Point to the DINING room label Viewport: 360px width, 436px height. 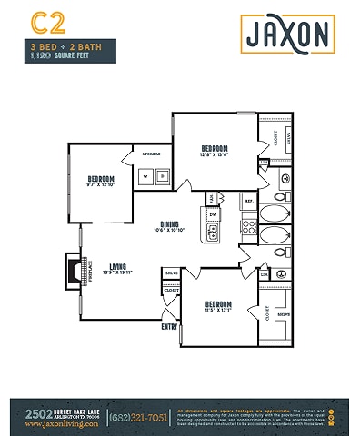coord(169,224)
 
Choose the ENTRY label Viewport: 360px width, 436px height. coord(169,326)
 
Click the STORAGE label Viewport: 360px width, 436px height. coord(151,154)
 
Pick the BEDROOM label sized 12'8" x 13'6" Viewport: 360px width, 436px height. coord(215,150)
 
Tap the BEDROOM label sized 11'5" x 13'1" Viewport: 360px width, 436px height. coord(218,305)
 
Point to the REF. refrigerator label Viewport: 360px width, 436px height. coord(247,200)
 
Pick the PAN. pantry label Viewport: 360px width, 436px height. coord(212,196)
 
